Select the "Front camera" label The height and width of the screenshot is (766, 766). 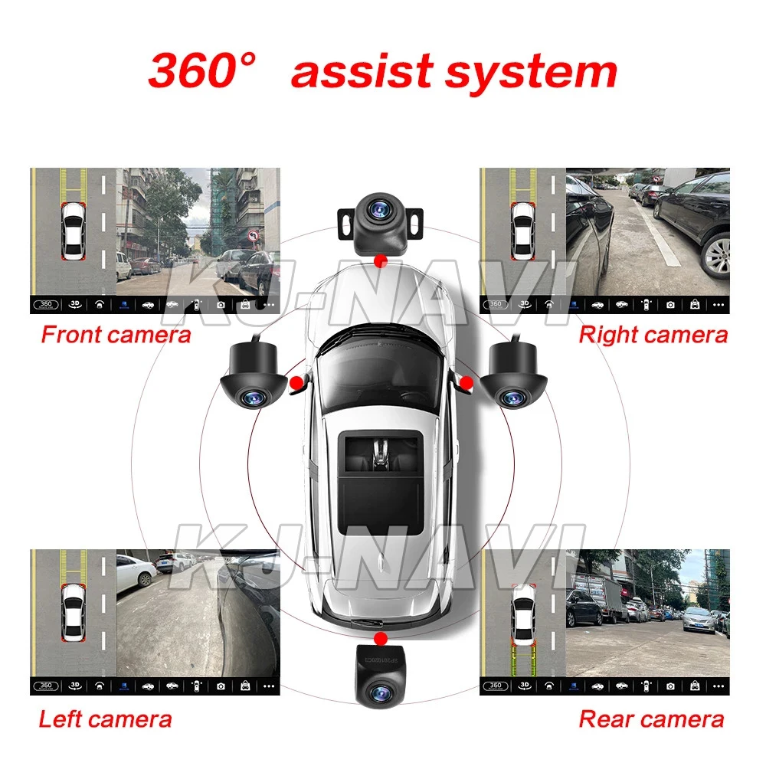(116, 335)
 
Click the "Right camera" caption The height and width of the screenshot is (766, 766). (653, 335)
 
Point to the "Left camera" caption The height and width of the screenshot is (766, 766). (105, 719)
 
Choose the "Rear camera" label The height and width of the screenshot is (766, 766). (650, 719)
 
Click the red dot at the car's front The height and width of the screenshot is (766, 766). (378, 260)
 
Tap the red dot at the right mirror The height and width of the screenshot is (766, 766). (463, 381)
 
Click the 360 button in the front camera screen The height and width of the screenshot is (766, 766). (45, 304)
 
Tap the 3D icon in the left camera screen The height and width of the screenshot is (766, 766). (75, 685)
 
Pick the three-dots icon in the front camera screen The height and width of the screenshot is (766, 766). (268, 304)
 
